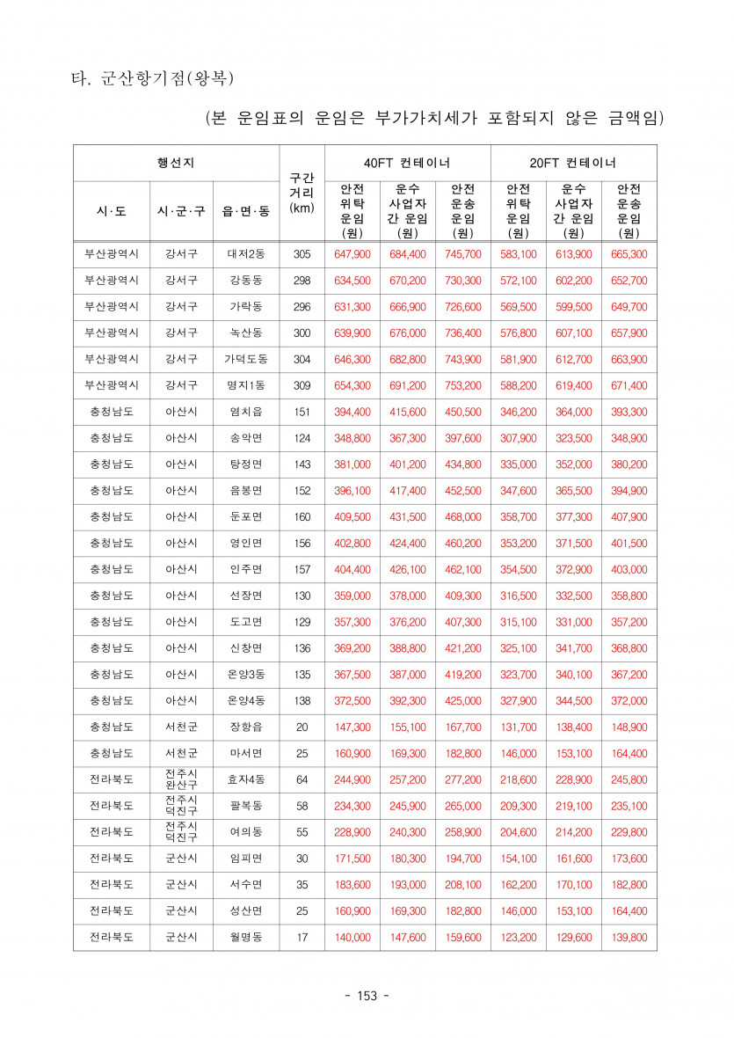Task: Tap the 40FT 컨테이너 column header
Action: (407, 163)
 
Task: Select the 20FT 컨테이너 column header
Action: (573, 163)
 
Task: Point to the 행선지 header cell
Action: (176, 163)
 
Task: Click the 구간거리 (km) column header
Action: (302, 194)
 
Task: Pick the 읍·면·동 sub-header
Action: (246, 211)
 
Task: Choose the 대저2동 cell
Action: (246, 254)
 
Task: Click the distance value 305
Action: (302, 254)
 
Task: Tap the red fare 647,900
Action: (352, 254)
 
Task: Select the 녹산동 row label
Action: (246, 333)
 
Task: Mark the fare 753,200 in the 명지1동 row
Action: (462, 386)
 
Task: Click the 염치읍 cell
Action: (246, 413)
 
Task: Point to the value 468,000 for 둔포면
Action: (462, 517)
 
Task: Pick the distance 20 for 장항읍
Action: (302, 727)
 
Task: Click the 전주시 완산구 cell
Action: (181, 779)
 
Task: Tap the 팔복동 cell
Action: (246, 806)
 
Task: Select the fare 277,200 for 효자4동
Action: (462, 780)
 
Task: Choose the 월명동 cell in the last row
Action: (246, 938)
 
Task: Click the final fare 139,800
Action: (629, 938)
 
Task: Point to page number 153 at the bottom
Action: (367, 996)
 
